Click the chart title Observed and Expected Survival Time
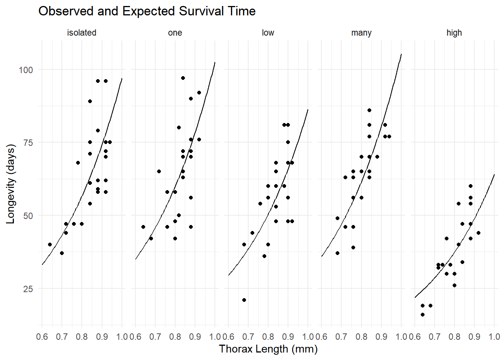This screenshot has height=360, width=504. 147,11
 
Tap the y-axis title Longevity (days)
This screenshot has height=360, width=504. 10,184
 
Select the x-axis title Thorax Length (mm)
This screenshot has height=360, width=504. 268,349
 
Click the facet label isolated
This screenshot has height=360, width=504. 81,33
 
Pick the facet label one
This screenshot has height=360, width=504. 175,33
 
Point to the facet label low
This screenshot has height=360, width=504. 268,33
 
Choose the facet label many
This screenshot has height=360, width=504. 361,33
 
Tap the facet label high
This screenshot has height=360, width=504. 454,33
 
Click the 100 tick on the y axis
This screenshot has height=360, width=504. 26,70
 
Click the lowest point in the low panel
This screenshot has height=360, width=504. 244,300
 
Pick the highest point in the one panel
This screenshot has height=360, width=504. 183,78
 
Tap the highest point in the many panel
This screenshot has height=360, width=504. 369,110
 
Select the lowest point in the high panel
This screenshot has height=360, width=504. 423,315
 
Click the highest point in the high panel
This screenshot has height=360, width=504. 471,186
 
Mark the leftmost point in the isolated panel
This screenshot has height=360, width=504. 50,244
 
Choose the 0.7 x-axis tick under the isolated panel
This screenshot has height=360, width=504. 62,337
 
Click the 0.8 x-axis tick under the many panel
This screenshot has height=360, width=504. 361,337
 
